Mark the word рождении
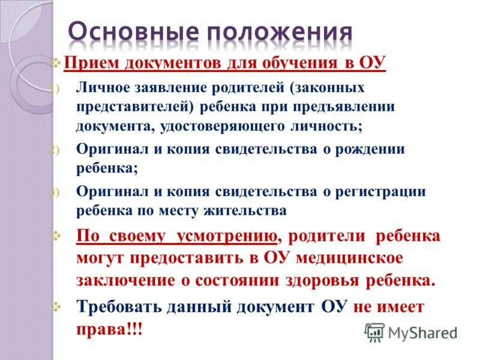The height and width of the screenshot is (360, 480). (x=372, y=149)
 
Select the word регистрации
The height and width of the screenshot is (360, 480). (x=388, y=191)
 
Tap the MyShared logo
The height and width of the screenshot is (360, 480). (x=411, y=331)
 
